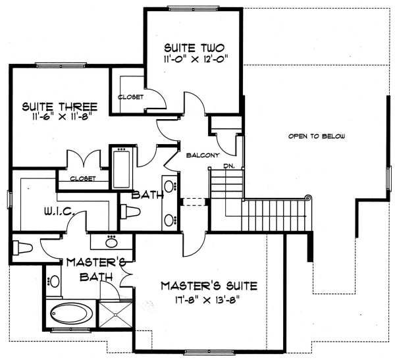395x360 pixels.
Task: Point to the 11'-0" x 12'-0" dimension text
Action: pos(195,59)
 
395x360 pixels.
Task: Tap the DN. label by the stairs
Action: pos(229,165)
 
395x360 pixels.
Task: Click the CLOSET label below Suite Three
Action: pos(82,178)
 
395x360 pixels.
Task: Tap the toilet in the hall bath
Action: pos(132,211)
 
